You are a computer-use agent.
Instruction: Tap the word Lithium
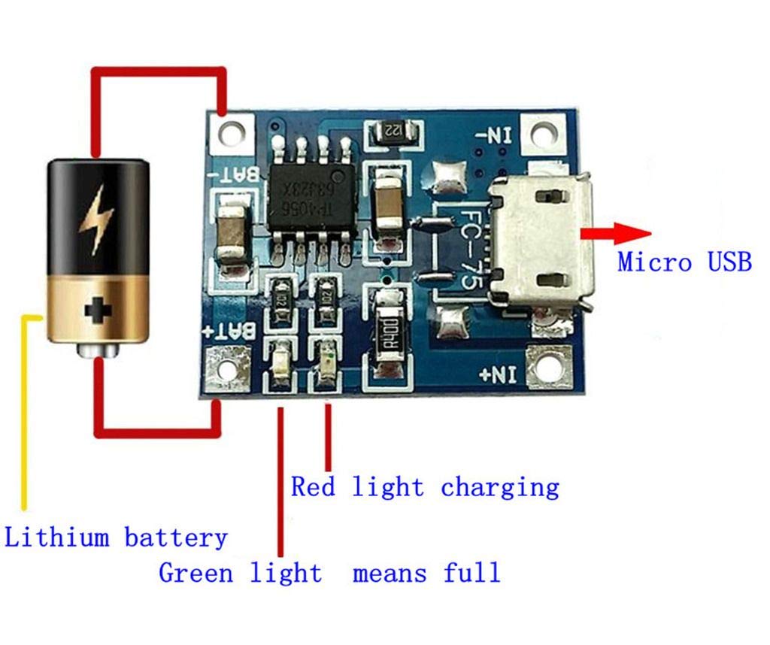pos(57,537)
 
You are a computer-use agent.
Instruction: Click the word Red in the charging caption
pos(313,487)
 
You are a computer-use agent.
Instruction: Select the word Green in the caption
pos(195,573)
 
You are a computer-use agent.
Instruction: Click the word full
pos(471,573)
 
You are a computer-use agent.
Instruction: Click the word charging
pos(500,487)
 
